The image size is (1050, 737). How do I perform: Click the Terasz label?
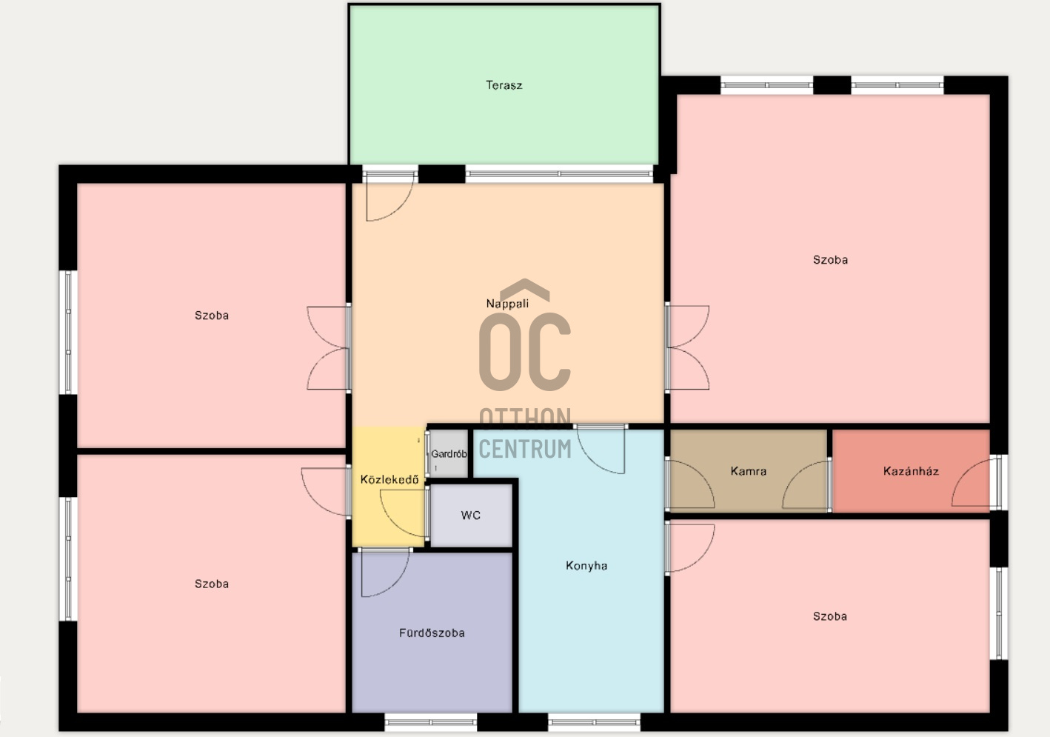tap(504, 85)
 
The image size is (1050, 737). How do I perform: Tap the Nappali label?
tap(507, 304)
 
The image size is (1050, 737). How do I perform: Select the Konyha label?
tap(586, 565)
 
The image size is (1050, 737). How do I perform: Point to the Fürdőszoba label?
tap(432, 633)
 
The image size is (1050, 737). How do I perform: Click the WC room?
tap(471, 516)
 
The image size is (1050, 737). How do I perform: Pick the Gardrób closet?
tap(449, 453)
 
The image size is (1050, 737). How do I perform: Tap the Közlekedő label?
tap(389, 479)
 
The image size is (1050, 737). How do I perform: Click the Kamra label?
tap(748, 470)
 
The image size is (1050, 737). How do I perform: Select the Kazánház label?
tap(911, 470)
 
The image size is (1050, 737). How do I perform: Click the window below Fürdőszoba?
tap(431, 722)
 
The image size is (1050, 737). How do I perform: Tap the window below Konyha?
tap(594, 722)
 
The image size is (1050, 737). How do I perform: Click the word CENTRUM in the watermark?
tap(525, 449)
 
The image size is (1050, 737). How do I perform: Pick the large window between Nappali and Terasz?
tap(559, 174)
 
